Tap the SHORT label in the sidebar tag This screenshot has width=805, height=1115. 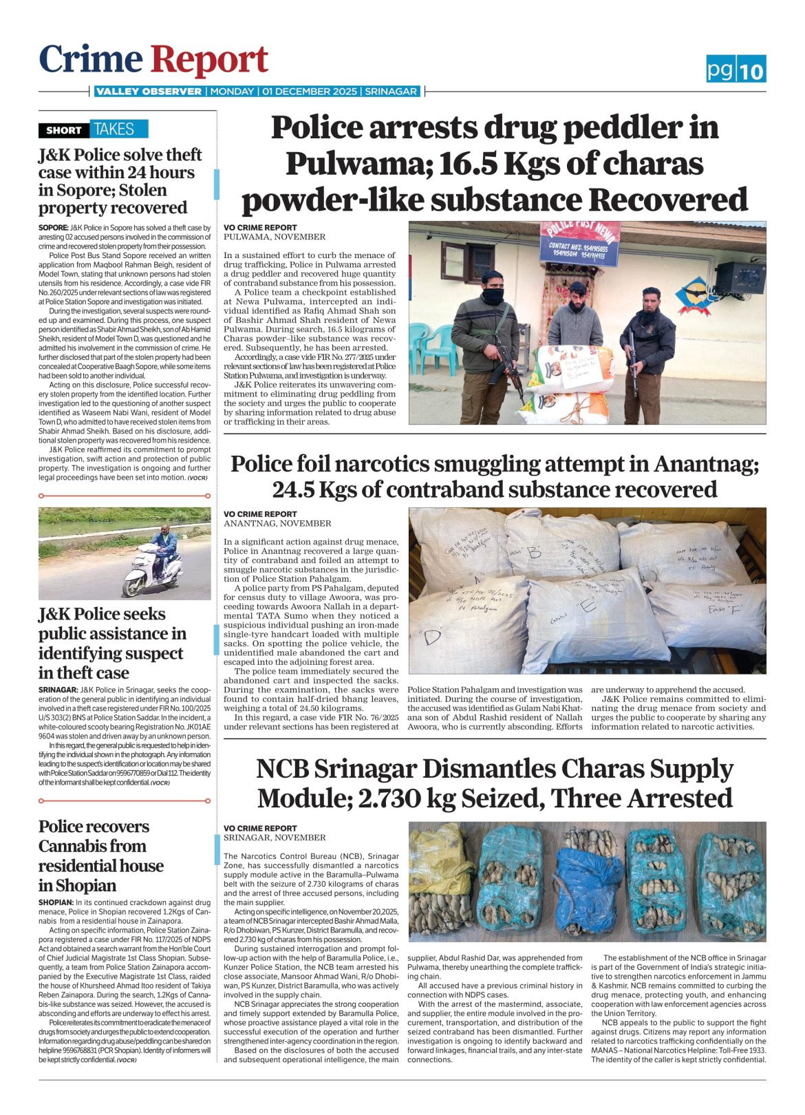click(x=63, y=130)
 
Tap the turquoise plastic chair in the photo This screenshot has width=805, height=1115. click(x=436, y=348)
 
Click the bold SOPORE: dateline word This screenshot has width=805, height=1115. click(x=53, y=227)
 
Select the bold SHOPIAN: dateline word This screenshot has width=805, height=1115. click(x=56, y=902)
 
